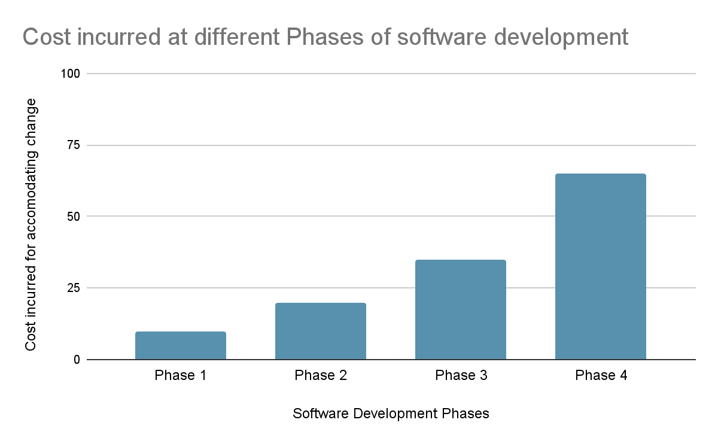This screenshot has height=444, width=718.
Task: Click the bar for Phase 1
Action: point(180,345)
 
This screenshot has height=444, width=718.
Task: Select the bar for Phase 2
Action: point(320,331)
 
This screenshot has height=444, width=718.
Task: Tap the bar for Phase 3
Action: point(460,309)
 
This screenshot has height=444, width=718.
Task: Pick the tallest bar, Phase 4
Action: point(600,266)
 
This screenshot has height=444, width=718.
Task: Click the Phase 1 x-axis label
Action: point(180,376)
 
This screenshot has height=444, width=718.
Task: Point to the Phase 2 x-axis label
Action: point(320,376)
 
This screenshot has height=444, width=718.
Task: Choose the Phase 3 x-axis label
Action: point(460,376)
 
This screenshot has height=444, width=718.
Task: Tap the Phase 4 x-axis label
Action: point(600,376)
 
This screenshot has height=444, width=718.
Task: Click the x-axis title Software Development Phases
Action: point(391,413)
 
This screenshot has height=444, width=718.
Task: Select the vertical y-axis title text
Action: point(31,225)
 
